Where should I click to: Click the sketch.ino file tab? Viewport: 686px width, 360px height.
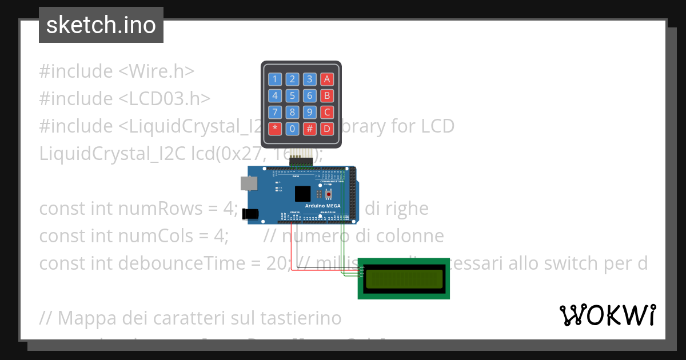pyautogui.click(x=101, y=25)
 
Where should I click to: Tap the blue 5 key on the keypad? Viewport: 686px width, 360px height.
pyautogui.click(x=292, y=95)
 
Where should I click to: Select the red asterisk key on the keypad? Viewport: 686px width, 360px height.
pyautogui.click(x=275, y=128)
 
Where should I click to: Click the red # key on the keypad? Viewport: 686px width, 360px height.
pyautogui.click(x=309, y=128)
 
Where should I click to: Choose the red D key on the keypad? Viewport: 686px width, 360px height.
pyautogui.click(x=327, y=128)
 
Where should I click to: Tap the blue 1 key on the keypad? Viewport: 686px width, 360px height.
pyautogui.click(x=275, y=79)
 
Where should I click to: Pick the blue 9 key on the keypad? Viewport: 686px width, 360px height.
pyautogui.click(x=309, y=112)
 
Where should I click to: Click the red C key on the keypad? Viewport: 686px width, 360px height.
pyautogui.click(x=327, y=112)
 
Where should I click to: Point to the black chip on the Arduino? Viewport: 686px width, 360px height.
pyautogui.click(x=302, y=194)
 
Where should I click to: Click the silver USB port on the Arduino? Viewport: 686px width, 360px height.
pyautogui.click(x=249, y=183)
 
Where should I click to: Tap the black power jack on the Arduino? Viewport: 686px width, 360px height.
pyautogui.click(x=250, y=214)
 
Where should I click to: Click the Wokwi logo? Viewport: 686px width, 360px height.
pyautogui.click(x=607, y=315)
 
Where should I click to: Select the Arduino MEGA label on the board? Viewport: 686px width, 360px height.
pyautogui.click(x=326, y=205)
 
